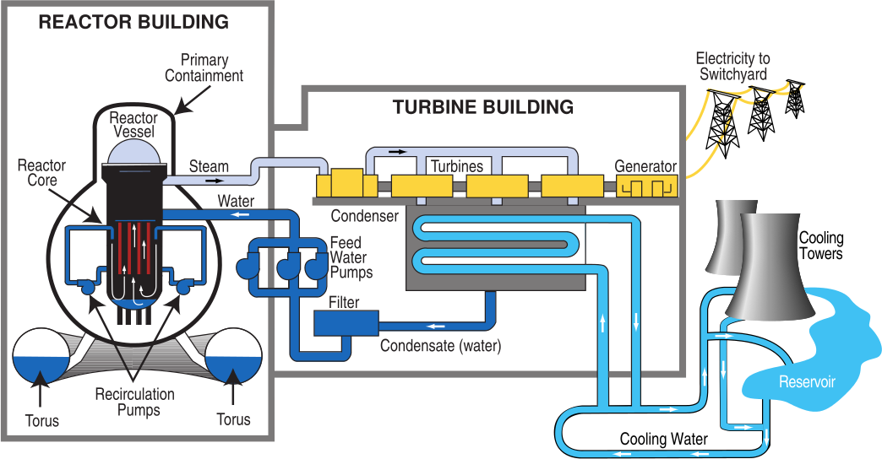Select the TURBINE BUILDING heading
(482, 108)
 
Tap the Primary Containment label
(204, 68)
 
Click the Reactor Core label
(41, 173)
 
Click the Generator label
(645, 166)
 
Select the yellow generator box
(646, 186)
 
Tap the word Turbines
(457, 166)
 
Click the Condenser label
(364, 216)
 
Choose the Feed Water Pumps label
(351, 257)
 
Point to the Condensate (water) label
(440, 346)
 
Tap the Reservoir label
(807, 382)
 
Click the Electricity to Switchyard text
(732, 67)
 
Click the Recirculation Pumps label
(134, 402)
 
